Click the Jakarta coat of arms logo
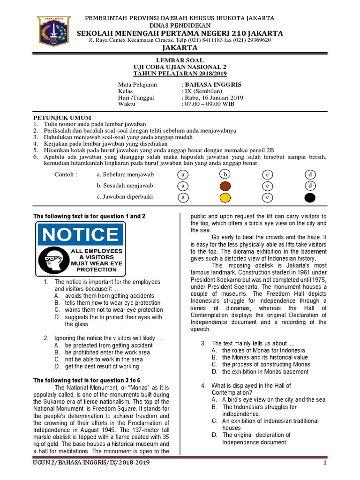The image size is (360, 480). pos(54,31)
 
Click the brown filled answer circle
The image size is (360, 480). pos(225,186)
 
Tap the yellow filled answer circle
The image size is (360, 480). pos(225,197)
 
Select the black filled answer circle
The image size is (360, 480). pos(310,197)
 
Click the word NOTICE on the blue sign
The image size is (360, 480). pos(81,234)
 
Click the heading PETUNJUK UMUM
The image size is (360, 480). pos(62,117)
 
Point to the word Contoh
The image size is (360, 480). pos(66,174)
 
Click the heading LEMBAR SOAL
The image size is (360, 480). pos(180,61)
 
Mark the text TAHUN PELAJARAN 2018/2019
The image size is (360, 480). pos(180,74)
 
